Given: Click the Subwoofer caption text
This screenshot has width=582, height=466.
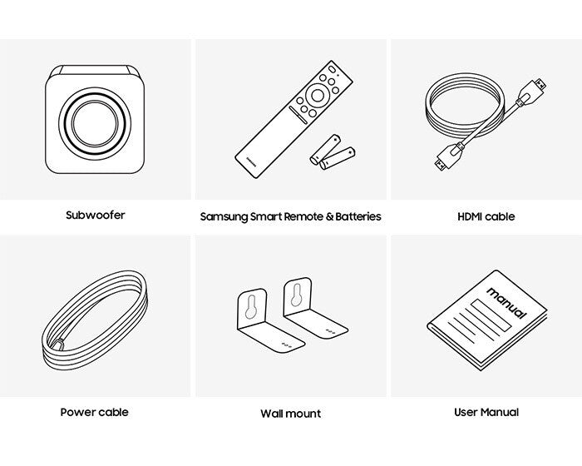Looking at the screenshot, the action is (x=96, y=216).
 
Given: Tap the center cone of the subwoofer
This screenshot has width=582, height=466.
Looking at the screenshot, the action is (x=95, y=123).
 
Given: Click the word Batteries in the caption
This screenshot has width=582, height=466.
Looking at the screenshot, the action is (x=358, y=216).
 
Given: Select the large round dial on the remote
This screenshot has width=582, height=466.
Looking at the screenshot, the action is (x=318, y=96).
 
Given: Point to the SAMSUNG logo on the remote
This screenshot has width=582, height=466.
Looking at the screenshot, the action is (x=251, y=161).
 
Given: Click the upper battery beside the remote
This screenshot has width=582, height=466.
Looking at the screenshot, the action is (x=326, y=150).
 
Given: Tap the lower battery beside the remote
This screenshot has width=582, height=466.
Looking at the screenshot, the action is (x=338, y=159).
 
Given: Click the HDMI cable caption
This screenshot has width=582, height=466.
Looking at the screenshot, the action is (x=486, y=216).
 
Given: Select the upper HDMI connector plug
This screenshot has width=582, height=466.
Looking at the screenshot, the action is (x=532, y=92).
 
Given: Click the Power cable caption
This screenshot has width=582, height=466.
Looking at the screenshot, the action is (x=95, y=412).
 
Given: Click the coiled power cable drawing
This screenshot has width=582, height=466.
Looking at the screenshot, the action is (x=95, y=320).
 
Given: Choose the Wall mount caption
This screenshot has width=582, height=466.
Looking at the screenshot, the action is (x=291, y=414).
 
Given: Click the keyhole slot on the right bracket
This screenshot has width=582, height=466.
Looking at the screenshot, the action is (x=296, y=295).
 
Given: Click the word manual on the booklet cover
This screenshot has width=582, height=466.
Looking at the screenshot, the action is (x=506, y=303).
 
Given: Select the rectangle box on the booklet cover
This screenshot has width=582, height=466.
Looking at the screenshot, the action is (x=491, y=315).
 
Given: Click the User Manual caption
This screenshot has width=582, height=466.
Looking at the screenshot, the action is (x=486, y=412).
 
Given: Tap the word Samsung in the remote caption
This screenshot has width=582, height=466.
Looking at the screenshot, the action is (x=224, y=216).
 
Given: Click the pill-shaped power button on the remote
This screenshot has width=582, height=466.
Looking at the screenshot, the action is (x=332, y=70).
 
